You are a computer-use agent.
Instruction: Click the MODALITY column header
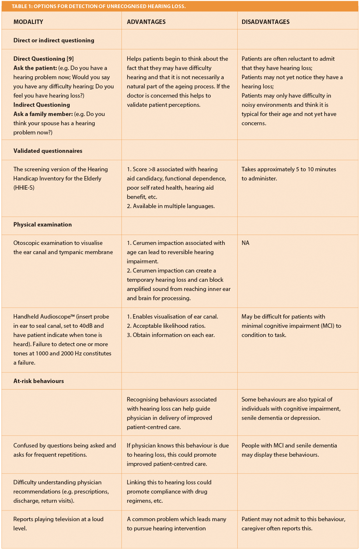28,22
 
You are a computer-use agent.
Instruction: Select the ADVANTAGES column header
146,22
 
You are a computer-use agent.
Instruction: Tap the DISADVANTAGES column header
265,22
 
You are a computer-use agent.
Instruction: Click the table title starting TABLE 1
99,6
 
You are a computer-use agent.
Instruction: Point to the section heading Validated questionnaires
48,151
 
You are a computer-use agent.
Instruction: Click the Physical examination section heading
43,224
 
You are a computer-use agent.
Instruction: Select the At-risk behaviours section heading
39,381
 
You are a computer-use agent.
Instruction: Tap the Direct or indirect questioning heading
54,40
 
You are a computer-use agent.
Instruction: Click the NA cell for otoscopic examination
245,243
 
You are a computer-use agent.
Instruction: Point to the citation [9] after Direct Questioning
70,59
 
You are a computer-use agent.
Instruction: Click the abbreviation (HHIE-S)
24,187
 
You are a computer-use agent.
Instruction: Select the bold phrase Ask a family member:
43,114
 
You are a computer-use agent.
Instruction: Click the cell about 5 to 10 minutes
289,173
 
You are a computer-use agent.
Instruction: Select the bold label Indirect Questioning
42,105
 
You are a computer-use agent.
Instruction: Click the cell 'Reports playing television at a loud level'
58,523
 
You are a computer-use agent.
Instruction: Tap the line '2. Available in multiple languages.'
171,206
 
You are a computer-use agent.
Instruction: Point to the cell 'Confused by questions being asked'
64,450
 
